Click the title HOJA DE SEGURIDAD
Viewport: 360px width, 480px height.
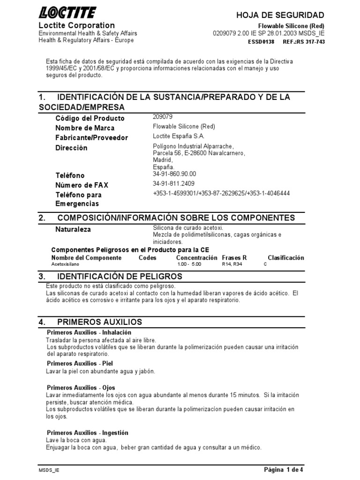coord(280,15)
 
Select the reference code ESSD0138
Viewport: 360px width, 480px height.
coord(261,42)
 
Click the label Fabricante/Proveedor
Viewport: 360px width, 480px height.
coord(91,138)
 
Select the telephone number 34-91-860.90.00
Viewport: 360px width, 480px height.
coord(174,173)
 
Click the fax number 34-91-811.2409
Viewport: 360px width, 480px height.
coord(173,183)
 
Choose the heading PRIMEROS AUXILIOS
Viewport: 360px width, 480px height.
coord(99,322)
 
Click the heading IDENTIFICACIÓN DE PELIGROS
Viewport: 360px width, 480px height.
coord(120,277)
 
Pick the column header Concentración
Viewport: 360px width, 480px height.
coord(196,258)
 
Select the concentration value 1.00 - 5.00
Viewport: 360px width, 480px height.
coord(189,264)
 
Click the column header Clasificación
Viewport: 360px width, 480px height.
coord(285,258)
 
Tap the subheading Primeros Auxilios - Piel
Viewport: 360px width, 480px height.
coord(80,363)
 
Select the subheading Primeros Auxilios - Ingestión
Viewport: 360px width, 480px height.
coord(87,433)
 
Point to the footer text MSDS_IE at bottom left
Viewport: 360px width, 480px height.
coord(49,469)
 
